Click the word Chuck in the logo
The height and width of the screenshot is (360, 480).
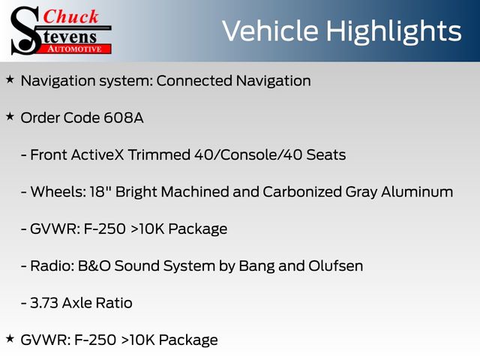pyautogui.click(x=70, y=16)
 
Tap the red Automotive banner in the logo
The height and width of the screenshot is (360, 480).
pyautogui.click(x=76, y=49)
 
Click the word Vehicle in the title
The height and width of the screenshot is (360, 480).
pyautogui.click(x=270, y=31)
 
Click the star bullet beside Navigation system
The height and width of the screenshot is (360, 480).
pyautogui.click(x=10, y=79)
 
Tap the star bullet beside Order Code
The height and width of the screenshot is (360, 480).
pyautogui.click(x=10, y=117)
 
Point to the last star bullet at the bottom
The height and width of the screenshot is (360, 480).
pyautogui.click(x=10, y=338)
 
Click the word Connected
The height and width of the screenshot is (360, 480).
pyautogui.click(x=194, y=81)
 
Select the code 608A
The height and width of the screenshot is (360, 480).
pyautogui.click(x=124, y=118)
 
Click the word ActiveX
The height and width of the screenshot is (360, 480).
pyautogui.click(x=97, y=155)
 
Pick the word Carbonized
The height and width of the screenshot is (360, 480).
pyautogui.click(x=302, y=192)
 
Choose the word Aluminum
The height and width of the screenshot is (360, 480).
pyautogui.click(x=417, y=192)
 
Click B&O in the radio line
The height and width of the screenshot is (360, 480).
pyautogui.click(x=94, y=266)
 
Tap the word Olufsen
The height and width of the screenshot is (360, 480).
pyautogui.click(x=336, y=266)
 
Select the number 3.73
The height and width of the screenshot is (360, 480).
pyautogui.click(x=44, y=303)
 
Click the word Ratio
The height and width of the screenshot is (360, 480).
pyautogui.click(x=114, y=303)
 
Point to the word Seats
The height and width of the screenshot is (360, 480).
pyautogui.click(x=326, y=155)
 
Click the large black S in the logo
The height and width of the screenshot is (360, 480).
pyautogui.click(x=25, y=31)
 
